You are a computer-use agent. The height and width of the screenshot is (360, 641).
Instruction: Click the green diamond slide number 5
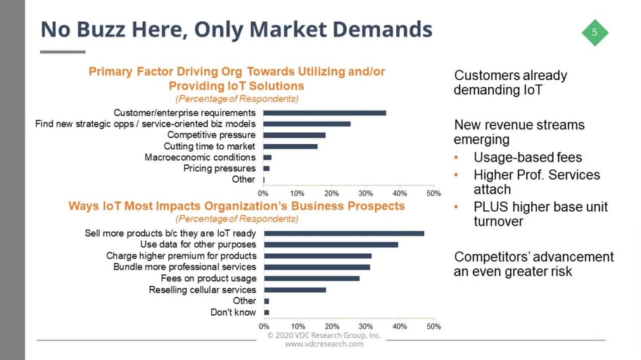(x=595, y=32)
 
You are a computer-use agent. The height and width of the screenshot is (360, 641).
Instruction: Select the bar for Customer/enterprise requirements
(x=324, y=112)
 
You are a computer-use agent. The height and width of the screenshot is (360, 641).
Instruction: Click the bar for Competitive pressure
(x=294, y=135)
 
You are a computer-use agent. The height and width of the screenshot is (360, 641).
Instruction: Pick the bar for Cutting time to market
(x=290, y=146)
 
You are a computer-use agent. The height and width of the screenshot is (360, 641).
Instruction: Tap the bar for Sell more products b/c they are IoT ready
(x=343, y=233)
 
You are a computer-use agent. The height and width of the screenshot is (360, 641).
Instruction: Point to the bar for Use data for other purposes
(x=331, y=245)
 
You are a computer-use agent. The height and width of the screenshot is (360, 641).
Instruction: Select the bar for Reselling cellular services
(x=294, y=290)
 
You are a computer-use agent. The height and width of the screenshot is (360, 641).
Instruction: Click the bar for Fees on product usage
(x=311, y=278)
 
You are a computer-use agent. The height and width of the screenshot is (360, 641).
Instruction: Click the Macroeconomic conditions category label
(x=200, y=157)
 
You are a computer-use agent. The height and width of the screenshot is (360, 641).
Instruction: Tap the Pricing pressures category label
(x=219, y=169)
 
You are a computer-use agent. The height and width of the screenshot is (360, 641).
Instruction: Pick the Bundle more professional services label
(x=184, y=267)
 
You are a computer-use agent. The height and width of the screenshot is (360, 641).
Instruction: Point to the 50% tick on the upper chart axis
(x=433, y=193)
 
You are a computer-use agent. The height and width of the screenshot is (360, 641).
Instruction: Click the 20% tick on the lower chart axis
(x=331, y=326)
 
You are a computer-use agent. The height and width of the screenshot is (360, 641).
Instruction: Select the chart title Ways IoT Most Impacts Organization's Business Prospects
(x=236, y=206)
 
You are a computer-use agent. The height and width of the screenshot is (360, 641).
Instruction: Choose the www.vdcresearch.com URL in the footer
(x=324, y=344)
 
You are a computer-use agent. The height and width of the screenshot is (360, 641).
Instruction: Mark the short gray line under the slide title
(x=63, y=51)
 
